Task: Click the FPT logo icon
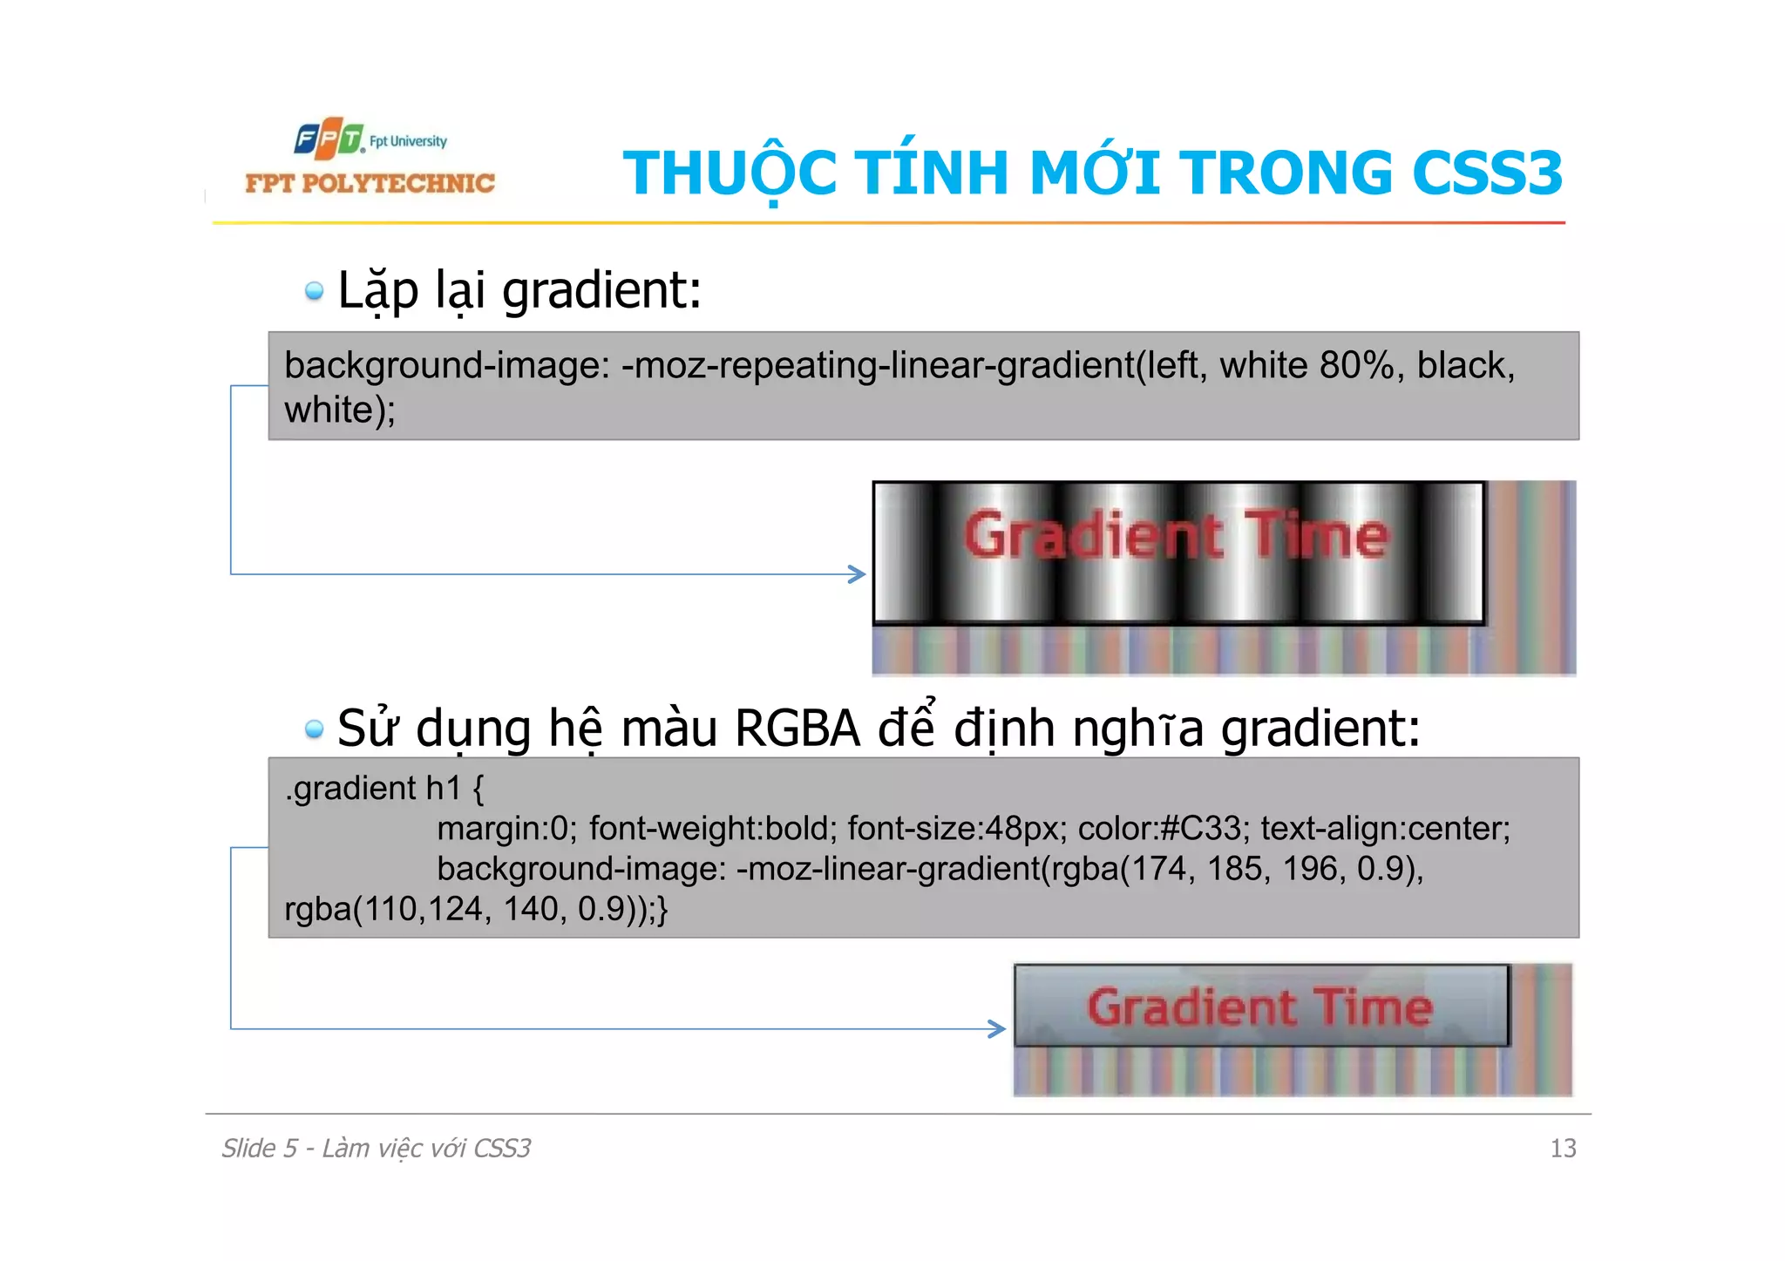pos(328,139)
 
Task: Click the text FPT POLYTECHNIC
pos(370,183)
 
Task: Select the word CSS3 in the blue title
pos(1487,173)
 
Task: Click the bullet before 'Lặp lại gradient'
pos(314,291)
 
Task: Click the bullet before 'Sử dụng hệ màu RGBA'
pos(314,729)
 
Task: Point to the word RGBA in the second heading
pos(797,729)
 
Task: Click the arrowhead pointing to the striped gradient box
pos(858,573)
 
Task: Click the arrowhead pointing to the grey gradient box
pos(997,1028)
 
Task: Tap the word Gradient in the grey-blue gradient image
pos(1191,1007)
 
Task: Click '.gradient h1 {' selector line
pos(383,788)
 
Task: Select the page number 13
pos(1563,1149)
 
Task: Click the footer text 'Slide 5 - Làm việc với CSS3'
pos(376,1149)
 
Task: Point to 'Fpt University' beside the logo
pos(408,141)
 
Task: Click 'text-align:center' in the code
pos(1385,828)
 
